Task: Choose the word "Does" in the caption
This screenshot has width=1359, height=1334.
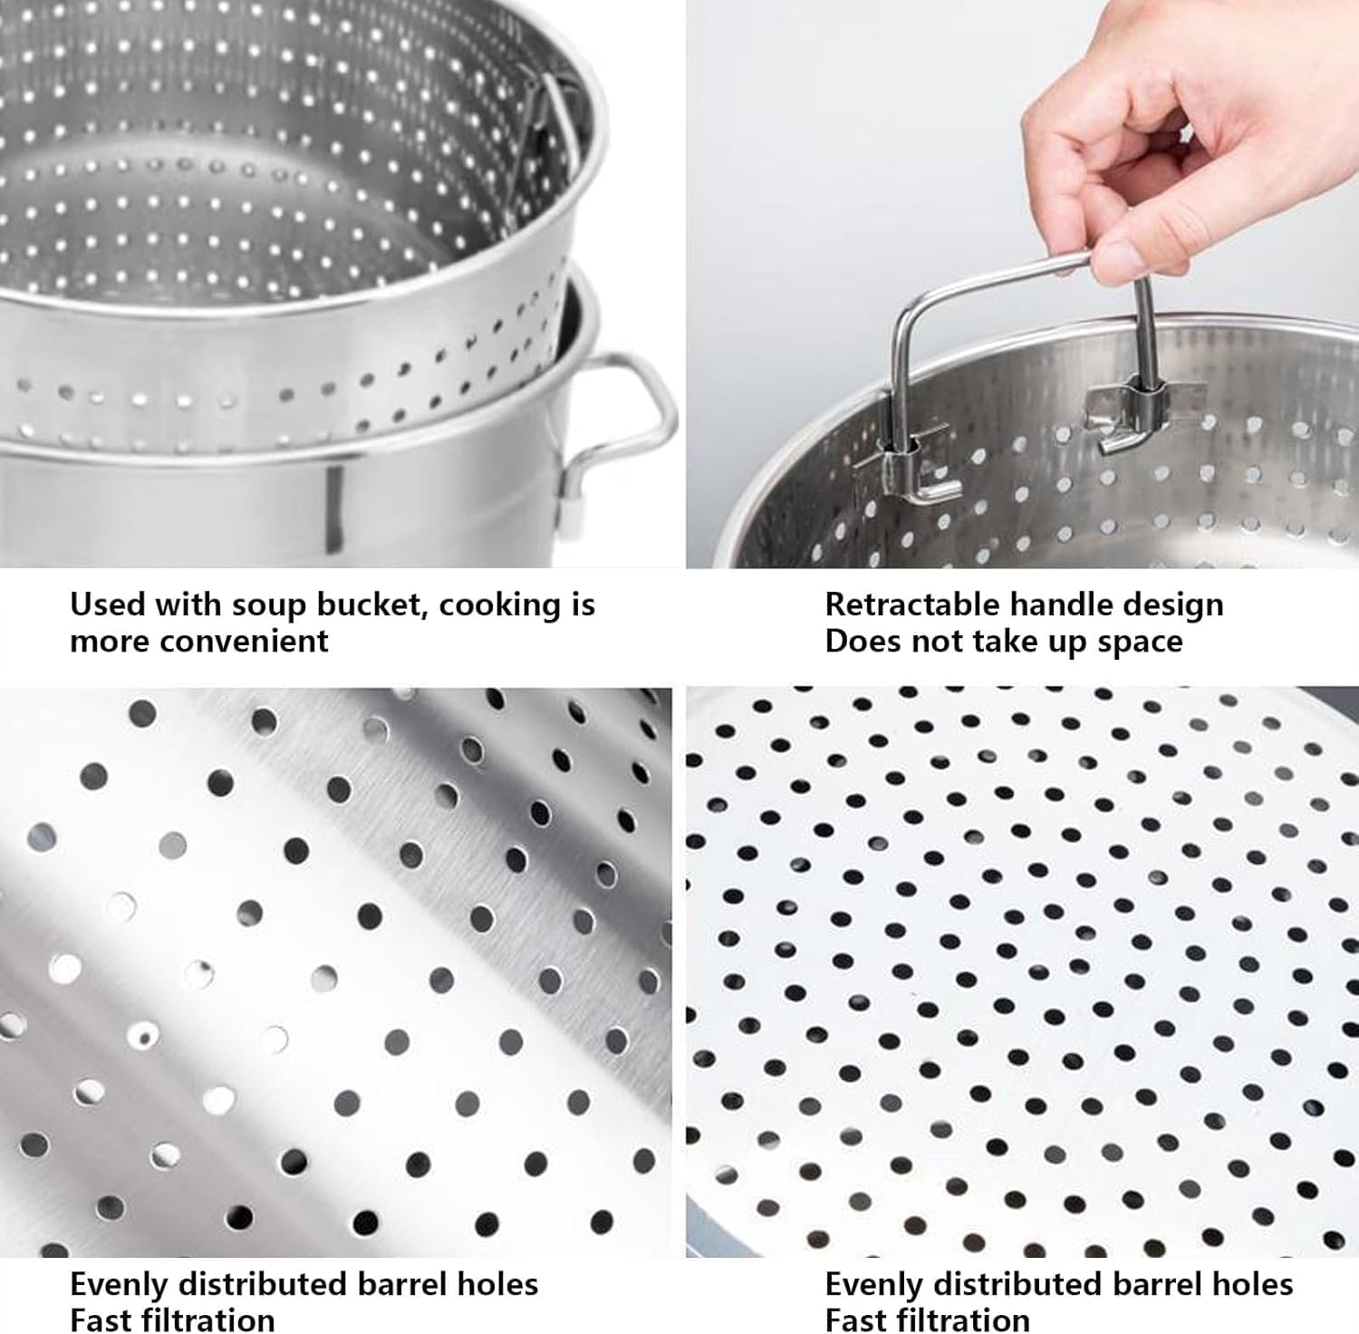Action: tap(862, 641)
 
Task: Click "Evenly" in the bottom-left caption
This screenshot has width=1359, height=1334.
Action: tap(119, 1284)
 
